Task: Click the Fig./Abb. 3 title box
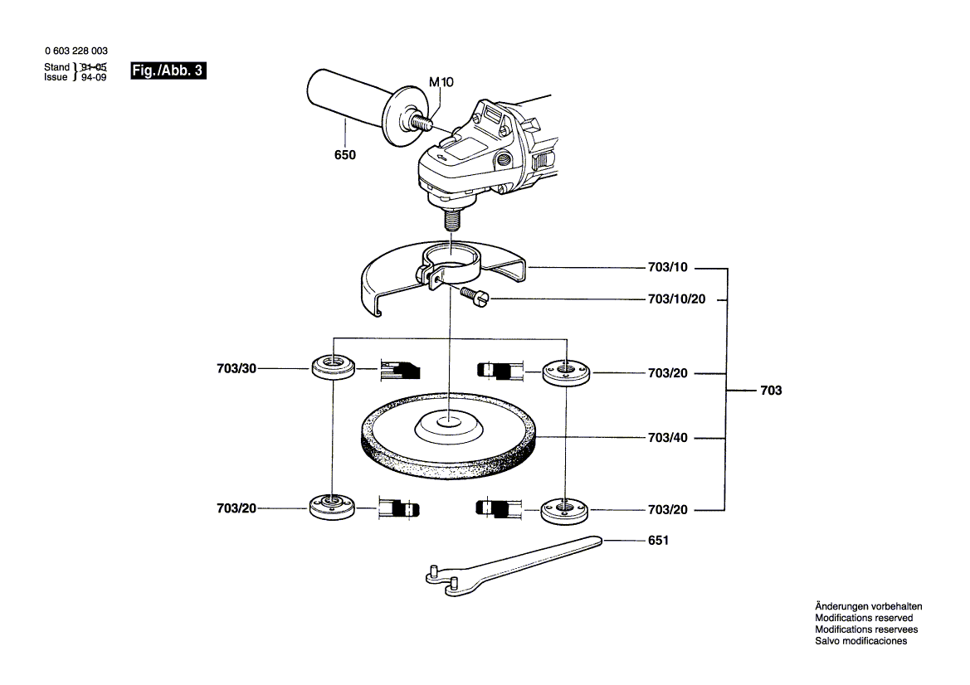(x=168, y=70)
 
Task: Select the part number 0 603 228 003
(x=76, y=51)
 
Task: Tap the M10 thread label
(x=441, y=82)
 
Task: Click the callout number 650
(x=345, y=155)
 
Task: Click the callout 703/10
(x=667, y=268)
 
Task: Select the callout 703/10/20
(x=677, y=299)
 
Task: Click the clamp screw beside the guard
(x=475, y=296)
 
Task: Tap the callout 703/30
(x=236, y=369)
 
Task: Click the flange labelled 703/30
(x=333, y=368)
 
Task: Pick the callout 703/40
(x=667, y=438)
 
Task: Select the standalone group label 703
(x=771, y=391)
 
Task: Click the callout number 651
(x=658, y=541)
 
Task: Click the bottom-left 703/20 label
(x=236, y=509)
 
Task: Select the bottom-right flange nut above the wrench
(x=565, y=511)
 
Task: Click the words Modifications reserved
(x=864, y=618)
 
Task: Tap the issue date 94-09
(x=94, y=77)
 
